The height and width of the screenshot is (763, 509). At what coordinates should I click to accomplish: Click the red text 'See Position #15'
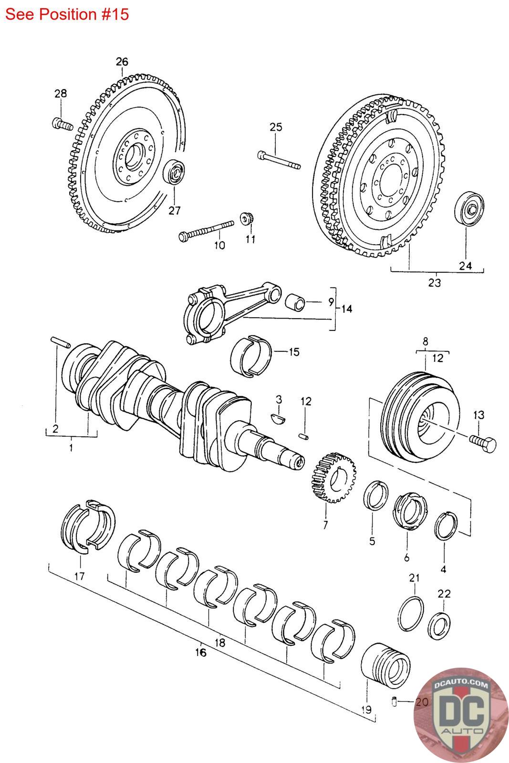[67, 14]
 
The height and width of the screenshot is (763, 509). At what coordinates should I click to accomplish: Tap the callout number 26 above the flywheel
[122, 62]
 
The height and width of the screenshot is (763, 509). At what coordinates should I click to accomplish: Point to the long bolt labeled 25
[279, 160]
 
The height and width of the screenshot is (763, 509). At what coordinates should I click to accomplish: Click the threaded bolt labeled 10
[206, 231]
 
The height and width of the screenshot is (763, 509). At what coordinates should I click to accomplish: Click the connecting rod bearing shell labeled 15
[251, 356]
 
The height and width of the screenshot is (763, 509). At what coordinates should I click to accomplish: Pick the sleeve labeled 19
[385, 666]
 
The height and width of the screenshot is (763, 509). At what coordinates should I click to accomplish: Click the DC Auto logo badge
[461, 715]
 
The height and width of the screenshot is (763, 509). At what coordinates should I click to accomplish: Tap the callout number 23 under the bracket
[435, 283]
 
